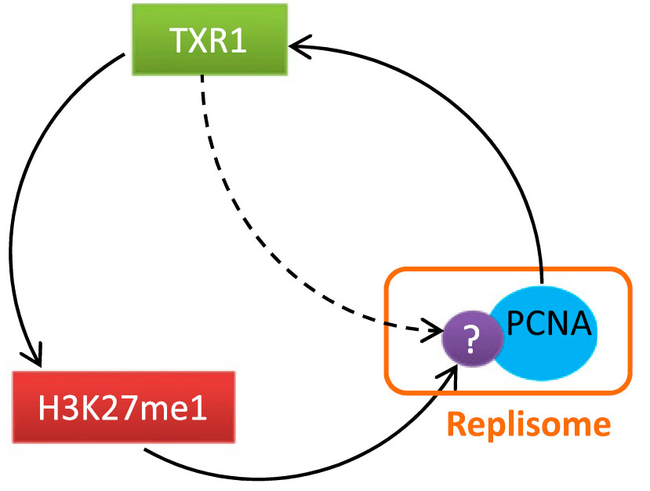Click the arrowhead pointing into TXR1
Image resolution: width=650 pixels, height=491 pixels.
(294, 47)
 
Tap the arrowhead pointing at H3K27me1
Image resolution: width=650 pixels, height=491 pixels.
(35, 358)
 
